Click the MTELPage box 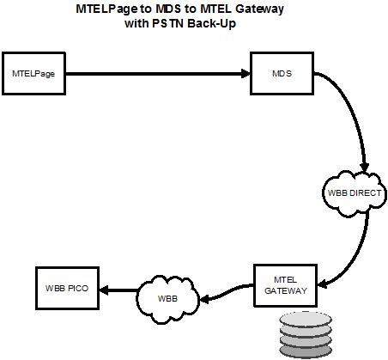click(x=33, y=74)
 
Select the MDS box click(x=282, y=74)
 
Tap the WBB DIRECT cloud click(x=355, y=193)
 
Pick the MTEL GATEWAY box click(x=286, y=285)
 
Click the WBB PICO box click(x=67, y=289)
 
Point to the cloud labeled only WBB click(x=167, y=299)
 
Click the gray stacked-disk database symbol click(x=306, y=335)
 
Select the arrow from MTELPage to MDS click(x=158, y=74)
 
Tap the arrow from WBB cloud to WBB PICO click(x=118, y=290)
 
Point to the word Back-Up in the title click(x=211, y=23)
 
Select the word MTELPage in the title click(x=106, y=9)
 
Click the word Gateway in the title click(x=259, y=9)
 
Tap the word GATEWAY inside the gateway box click(x=286, y=291)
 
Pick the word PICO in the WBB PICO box click(x=78, y=289)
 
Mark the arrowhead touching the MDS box click(x=246, y=74)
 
